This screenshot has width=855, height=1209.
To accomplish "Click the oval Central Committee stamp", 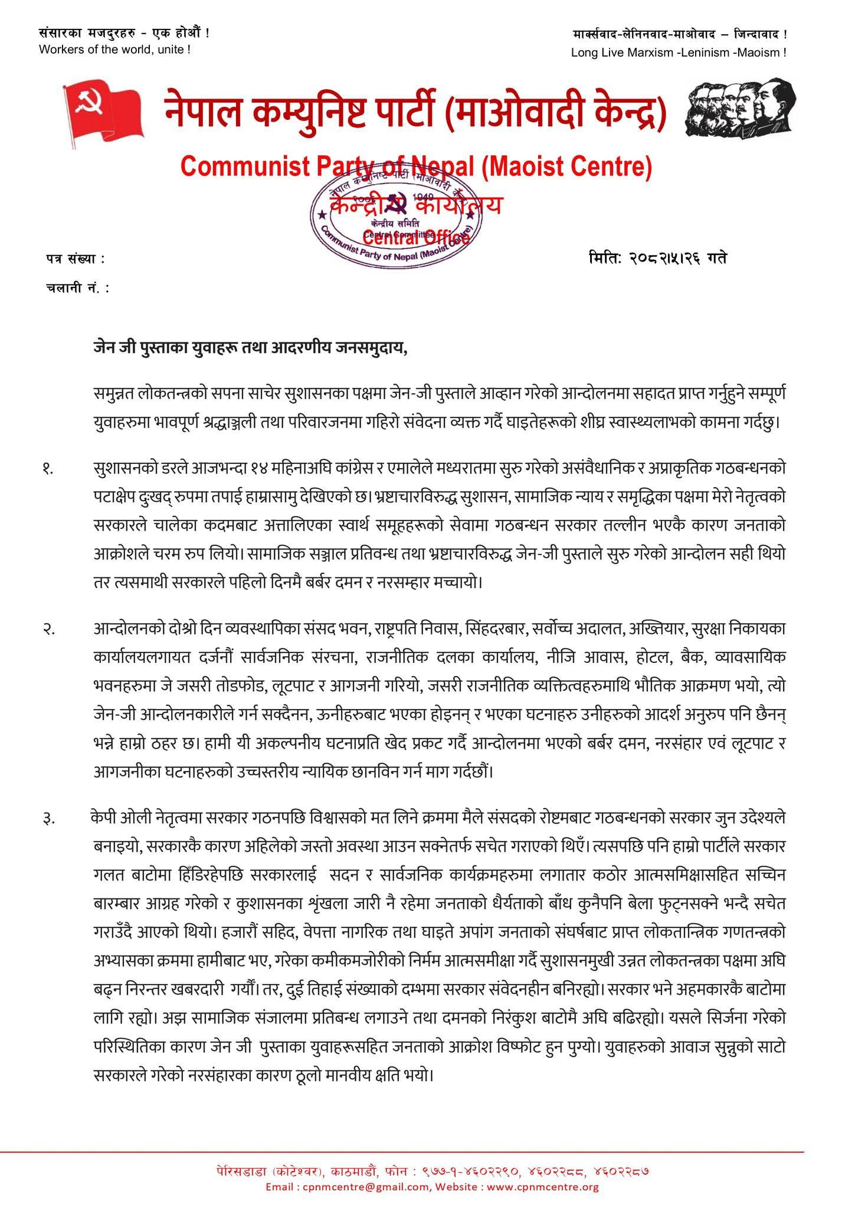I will pos(396,217).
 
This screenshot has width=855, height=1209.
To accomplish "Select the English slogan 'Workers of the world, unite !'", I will pos(114,50).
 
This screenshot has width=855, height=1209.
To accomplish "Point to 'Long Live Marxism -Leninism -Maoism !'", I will pos(678,53).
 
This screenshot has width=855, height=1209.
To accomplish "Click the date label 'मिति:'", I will pos(608,258).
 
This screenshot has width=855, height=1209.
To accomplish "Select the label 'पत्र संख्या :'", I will pos(74,259).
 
